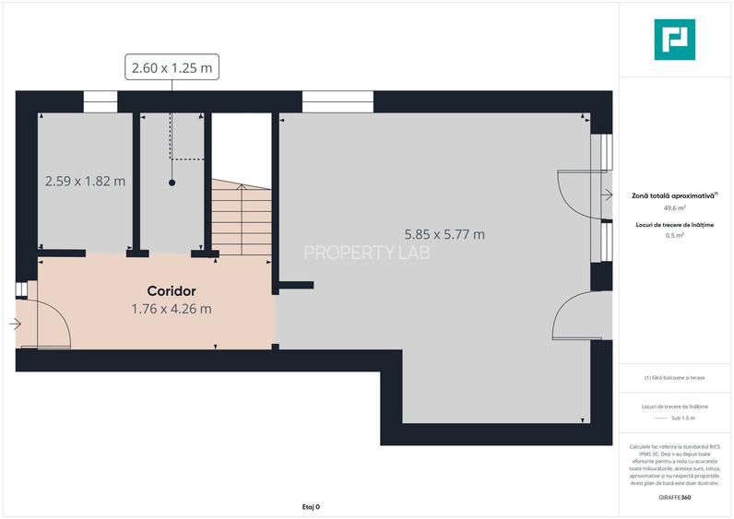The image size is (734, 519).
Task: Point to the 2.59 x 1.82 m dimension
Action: pyautogui.click(x=85, y=181)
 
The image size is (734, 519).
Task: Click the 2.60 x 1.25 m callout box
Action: pyautogui.click(x=172, y=67)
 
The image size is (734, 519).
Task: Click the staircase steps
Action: pyautogui.click(x=241, y=218)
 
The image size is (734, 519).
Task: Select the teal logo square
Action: pyautogui.click(x=675, y=40)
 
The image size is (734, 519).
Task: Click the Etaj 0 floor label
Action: pyautogui.click(x=311, y=506)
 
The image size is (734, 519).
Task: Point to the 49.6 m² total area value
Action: pyautogui.click(x=674, y=208)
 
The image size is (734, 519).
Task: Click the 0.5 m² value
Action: pyautogui.click(x=674, y=236)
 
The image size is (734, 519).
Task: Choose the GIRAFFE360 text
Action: pyautogui.click(x=675, y=498)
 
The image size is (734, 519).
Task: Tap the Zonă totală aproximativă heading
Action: pyautogui.click(x=674, y=195)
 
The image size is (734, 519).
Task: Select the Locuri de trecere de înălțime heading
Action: pyautogui.click(x=674, y=225)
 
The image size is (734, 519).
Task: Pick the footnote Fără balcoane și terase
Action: pyautogui.click(x=674, y=378)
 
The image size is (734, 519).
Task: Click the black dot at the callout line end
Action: pyautogui.click(x=172, y=183)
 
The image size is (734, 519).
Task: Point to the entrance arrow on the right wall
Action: pyautogui.click(x=607, y=195)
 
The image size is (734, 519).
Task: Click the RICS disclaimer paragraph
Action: pyautogui.click(x=674, y=465)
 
